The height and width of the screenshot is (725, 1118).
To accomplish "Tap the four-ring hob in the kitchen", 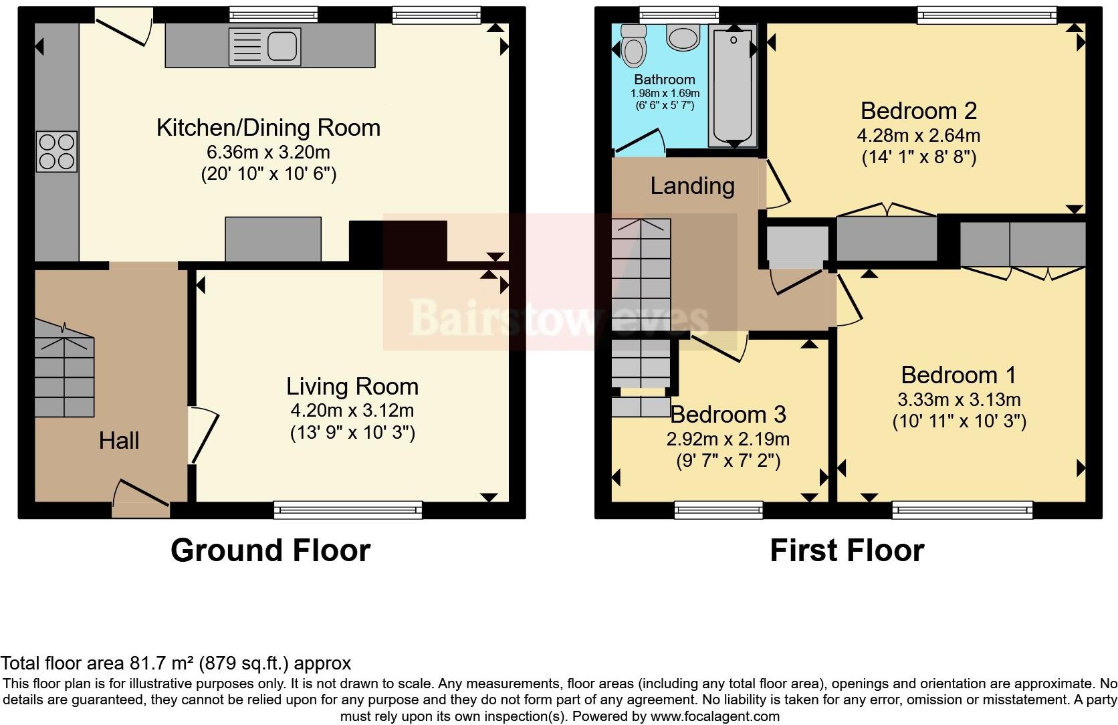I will (x=57, y=152).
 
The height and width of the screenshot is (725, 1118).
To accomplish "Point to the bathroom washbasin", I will (x=682, y=38).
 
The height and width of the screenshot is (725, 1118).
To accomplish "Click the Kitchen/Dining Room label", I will (x=268, y=128).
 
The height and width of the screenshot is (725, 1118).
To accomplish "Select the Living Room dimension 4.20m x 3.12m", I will (x=352, y=410).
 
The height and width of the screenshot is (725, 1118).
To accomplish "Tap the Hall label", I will (x=119, y=441).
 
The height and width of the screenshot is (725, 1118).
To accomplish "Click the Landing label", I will (x=692, y=186).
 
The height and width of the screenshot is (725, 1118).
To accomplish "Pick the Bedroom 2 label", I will (x=919, y=111).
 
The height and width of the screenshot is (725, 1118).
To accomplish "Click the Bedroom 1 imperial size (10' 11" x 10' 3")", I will (x=959, y=421).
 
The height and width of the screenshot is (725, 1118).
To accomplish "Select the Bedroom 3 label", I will (x=728, y=415).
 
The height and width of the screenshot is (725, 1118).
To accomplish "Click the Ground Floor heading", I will (x=270, y=550).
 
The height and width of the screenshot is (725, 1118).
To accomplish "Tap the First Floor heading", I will (x=847, y=550).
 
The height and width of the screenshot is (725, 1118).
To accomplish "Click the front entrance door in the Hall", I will (x=142, y=499).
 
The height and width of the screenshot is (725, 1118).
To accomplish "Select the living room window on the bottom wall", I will (x=348, y=510).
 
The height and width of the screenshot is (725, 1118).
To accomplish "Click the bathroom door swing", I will (x=640, y=142).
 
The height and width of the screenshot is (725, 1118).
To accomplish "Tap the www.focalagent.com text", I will (x=715, y=716).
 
